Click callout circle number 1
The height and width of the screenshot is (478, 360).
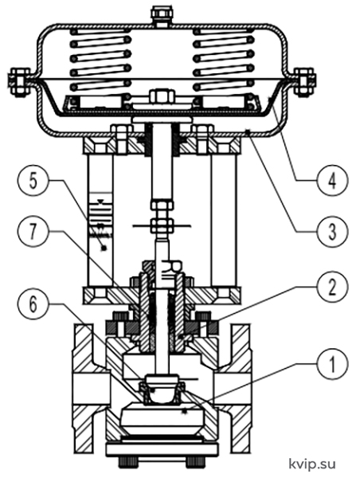(332, 364)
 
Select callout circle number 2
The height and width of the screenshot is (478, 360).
(332, 287)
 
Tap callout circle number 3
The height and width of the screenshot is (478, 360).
(332, 231)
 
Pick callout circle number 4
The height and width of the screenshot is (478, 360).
(332, 181)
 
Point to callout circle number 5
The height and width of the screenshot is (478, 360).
(33, 182)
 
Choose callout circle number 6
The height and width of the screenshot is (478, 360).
(33, 304)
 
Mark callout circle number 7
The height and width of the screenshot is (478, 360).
(33, 232)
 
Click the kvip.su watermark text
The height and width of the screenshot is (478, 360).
(312, 464)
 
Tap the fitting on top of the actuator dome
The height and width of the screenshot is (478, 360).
(162, 16)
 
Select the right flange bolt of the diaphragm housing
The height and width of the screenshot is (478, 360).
(303, 82)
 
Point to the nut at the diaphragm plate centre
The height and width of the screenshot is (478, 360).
(161, 96)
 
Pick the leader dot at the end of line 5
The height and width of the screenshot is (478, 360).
(104, 248)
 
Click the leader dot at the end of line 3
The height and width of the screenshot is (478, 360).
(248, 131)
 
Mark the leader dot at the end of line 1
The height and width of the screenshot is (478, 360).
(185, 412)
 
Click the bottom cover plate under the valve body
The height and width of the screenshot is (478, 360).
(162, 449)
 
